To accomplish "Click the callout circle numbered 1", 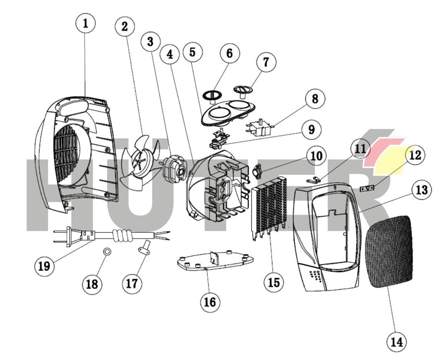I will [85, 23].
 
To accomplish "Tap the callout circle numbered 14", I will [396, 341].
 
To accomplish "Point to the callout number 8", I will [315, 99].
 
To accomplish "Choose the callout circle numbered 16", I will [210, 302].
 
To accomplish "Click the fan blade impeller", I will [140, 161].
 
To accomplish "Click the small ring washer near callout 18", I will [108, 252].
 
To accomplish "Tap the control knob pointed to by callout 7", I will [242, 90].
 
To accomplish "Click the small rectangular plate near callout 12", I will [367, 188].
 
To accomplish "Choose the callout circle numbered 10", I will [316, 156].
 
